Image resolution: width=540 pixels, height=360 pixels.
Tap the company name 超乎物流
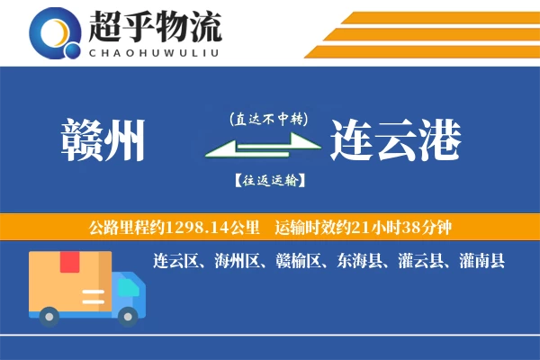(155, 28)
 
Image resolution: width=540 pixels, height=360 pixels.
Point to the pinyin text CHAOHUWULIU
(155, 51)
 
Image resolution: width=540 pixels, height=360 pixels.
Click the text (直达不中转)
(269, 118)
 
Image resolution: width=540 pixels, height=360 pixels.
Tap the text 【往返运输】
(269, 180)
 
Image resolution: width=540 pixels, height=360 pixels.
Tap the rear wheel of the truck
(50, 315)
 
